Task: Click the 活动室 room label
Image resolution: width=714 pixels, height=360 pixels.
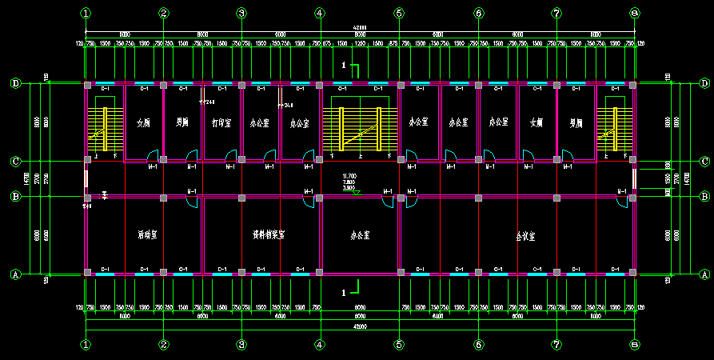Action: (146, 236)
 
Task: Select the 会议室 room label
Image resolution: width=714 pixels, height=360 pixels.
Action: (525, 237)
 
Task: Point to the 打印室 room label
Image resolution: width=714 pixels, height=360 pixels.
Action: (221, 123)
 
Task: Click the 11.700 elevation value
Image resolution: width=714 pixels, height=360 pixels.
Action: (349, 176)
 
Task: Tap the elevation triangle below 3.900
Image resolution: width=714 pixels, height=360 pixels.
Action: (356, 193)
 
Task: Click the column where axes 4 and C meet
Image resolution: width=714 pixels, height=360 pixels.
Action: (320, 160)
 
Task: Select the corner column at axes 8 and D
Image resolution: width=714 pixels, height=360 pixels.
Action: (633, 84)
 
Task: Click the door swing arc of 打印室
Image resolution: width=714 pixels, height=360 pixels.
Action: (231, 154)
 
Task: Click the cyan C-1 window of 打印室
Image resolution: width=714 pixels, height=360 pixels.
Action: (221, 83)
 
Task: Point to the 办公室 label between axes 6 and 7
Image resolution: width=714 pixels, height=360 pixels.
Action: (497, 123)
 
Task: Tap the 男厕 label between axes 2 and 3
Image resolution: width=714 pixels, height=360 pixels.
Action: (182, 123)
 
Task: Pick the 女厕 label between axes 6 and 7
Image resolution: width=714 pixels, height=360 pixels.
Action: (536, 123)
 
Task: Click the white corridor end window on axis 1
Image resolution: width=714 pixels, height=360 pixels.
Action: (86, 178)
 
